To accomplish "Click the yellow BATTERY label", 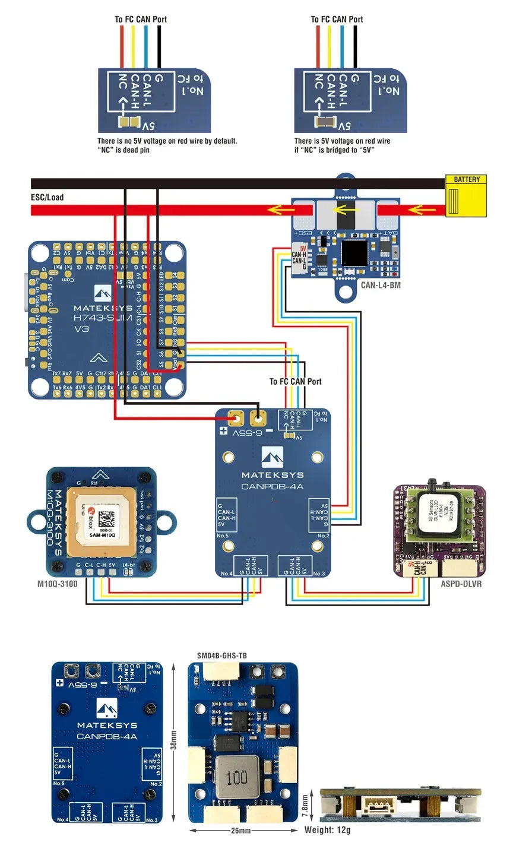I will point(466,179).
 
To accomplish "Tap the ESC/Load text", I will point(47,197).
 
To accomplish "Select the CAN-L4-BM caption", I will point(381,285).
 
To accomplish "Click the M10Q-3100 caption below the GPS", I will point(58,584).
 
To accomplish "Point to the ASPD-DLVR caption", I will point(461,584).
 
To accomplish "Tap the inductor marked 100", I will point(237,778).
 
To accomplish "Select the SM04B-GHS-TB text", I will point(221,655).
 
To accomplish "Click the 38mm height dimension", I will point(174,740).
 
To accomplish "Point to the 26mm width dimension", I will point(241,830).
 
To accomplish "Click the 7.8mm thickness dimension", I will point(305,807).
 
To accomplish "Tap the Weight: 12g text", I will point(327,830).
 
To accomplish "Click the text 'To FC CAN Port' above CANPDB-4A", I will point(295,381).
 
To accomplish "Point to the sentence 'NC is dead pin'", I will point(123,150).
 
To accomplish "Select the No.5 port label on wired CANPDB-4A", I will point(223,536).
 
